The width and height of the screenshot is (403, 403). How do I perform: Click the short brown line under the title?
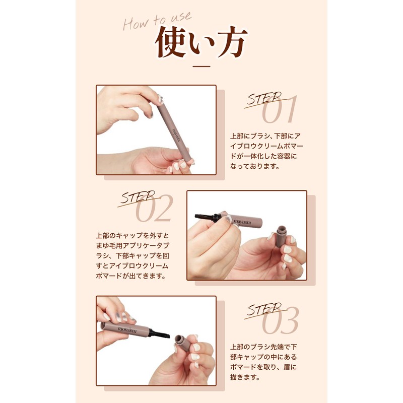201,65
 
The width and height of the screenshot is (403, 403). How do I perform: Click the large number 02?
154,208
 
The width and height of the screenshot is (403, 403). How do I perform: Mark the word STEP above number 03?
263,309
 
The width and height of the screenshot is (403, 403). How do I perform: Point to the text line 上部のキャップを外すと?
132,236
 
